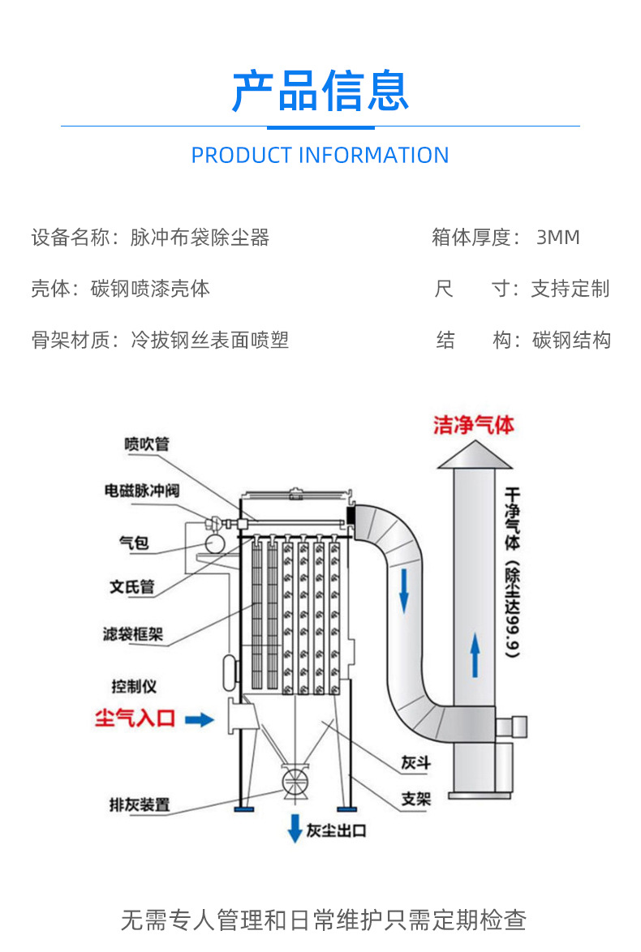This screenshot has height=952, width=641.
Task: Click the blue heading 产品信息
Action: [x=320, y=90]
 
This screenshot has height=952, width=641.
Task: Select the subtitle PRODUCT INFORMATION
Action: [x=320, y=155]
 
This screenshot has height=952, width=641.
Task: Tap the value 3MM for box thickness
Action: [x=558, y=238]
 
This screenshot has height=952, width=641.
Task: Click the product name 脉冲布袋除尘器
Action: [x=200, y=238]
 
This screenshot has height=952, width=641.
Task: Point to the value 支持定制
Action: [x=570, y=289]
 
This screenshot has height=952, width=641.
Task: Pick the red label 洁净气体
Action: [x=474, y=426]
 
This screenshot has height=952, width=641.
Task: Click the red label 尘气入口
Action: [x=135, y=718]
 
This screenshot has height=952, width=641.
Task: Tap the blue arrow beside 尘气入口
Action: [x=199, y=718]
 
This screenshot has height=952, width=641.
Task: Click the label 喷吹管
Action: [x=147, y=444]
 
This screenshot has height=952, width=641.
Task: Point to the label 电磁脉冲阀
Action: [x=141, y=491]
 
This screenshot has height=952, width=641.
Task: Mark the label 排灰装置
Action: [x=140, y=805]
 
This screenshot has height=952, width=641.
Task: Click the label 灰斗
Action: [x=415, y=763]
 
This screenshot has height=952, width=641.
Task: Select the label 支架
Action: [x=415, y=799]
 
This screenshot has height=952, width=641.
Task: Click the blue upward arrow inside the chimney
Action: [x=475, y=655]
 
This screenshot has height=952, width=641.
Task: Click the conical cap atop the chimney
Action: [x=475, y=457]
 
